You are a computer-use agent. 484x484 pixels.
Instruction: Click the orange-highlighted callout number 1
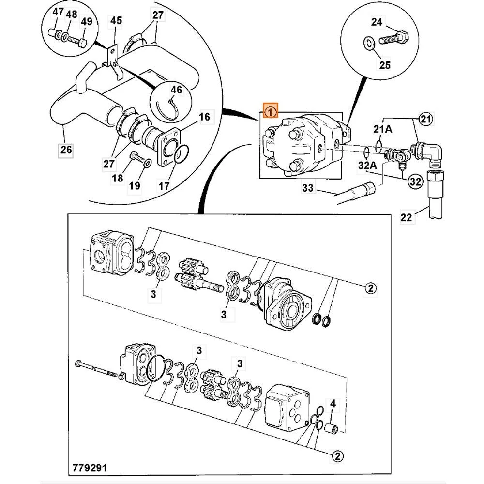(x=270, y=112)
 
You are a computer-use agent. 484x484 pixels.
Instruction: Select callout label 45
(x=116, y=21)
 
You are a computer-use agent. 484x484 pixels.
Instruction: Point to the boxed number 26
(x=66, y=150)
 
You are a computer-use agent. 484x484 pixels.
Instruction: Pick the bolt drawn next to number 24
(x=394, y=38)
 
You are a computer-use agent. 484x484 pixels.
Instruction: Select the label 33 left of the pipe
(x=308, y=188)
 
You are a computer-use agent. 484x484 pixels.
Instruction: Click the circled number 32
(x=414, y=181)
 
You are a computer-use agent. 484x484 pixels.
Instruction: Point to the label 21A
(x=382, y=130)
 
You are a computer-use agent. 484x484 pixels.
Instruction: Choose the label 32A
(x=366, y=166)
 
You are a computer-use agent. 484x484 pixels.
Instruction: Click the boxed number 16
(x=204, y=117)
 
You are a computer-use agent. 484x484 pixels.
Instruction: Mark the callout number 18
(x=118, y=178)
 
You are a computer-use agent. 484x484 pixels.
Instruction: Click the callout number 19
(x=135, y=185)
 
